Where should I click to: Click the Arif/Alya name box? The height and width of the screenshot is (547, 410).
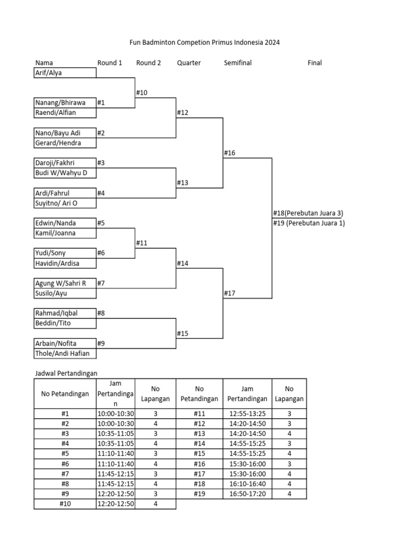(x=65, y=73)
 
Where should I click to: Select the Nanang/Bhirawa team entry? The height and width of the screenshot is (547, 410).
(x=65, y=103)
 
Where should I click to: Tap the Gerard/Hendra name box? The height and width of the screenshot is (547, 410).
(x=65, y=143)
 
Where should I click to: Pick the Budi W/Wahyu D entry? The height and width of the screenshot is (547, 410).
(x=65, y=173)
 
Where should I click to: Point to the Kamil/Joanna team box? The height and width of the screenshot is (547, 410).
(x=65, y=233)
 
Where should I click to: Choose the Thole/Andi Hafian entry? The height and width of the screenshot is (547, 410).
(x=65, y=354)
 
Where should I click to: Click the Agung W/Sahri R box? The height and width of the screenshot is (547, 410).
(x=65, y=283)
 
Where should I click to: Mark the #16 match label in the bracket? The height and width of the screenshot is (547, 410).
(x=230, y=153)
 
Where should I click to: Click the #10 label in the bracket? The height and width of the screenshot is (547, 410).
(x=141, y=93)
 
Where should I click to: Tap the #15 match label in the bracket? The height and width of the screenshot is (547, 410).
(x=183, y=334)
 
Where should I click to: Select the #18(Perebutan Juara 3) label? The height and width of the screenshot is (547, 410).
(x=307, y=213)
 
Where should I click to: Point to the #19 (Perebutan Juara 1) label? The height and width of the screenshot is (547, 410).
(x=309, y=223)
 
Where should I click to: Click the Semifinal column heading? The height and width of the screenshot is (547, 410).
(x=238, y=63)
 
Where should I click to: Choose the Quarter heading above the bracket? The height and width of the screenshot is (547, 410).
(x=189, y=63)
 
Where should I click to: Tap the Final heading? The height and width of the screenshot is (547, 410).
(x=314, y=63)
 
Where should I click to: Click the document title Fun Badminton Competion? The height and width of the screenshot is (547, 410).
(x=205, y=42)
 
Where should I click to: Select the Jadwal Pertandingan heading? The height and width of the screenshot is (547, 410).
(x=67, y=373)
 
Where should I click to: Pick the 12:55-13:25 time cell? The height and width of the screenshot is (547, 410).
(x=247, y=413)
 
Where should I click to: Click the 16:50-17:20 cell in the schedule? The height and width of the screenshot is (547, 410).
(x=247, y=494)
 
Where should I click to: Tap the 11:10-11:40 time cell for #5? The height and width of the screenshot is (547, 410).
(x=115, y=454)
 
